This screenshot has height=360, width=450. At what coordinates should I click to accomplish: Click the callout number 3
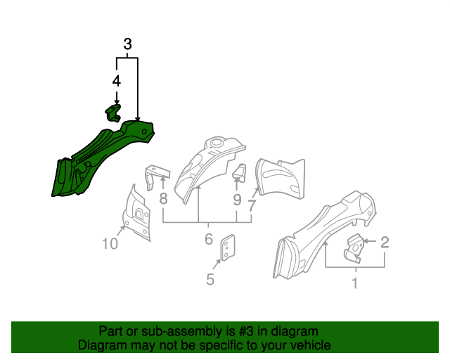coord(127,44)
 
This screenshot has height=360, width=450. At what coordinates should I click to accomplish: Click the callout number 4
coord(117,81)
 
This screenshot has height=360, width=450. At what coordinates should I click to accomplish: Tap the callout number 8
coord(163,198)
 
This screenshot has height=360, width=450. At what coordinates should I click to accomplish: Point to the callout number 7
coord(252,205)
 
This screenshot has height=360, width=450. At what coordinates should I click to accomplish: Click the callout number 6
coord(209,240)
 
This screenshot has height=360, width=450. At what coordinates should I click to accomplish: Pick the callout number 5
coord(210,279)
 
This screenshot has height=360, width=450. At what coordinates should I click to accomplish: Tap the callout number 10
coord(110,244)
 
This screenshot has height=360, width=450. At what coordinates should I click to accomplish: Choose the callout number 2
coord(385,243)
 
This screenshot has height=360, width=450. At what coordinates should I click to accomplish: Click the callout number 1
coord(354,283)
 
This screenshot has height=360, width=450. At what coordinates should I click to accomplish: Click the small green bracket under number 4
coord(113,112)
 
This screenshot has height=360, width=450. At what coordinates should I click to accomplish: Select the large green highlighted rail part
coord(98,155)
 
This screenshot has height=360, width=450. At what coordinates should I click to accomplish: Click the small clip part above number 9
coord(239,172)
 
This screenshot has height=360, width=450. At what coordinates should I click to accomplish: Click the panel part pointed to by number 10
coord(137,214)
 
